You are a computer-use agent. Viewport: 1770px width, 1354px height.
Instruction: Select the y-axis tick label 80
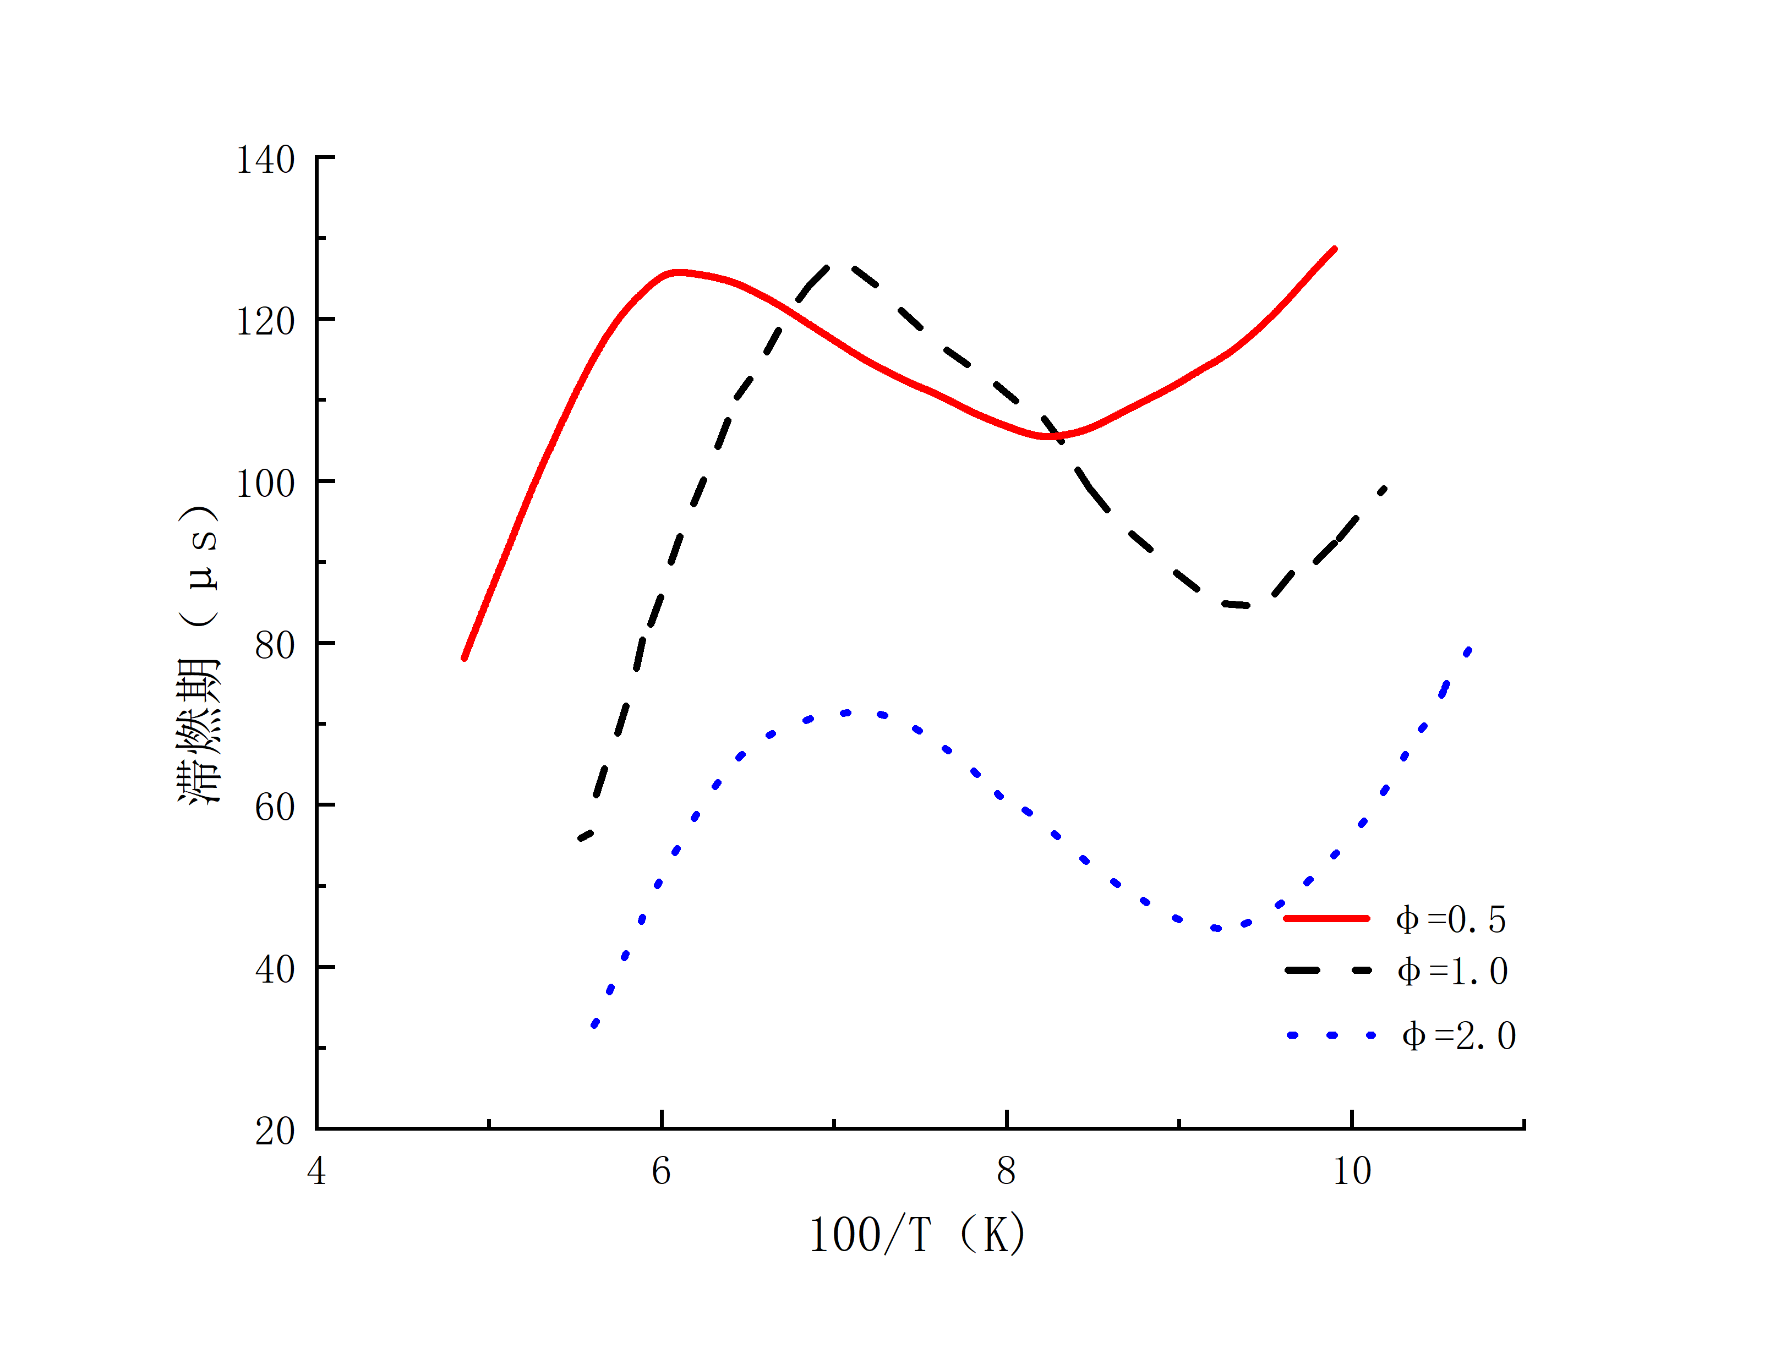274,645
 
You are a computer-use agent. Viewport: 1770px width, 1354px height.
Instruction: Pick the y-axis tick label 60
274,808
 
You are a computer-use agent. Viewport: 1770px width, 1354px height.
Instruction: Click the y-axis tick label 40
274,969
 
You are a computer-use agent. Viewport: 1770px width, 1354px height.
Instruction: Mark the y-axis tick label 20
274,1132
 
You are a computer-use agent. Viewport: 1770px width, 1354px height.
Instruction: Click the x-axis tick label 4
317,1171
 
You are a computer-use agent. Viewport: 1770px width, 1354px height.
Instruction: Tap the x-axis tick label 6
661,1171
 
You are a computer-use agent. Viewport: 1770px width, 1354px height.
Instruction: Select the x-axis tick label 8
1006,1171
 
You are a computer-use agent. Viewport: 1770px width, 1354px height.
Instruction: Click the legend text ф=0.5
1450,919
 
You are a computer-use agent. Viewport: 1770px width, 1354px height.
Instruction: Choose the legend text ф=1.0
1452,971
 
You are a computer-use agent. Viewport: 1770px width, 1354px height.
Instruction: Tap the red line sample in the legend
1326,918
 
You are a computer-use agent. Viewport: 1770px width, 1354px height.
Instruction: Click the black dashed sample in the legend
1327,971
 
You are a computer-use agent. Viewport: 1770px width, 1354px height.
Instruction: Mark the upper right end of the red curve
1335,249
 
